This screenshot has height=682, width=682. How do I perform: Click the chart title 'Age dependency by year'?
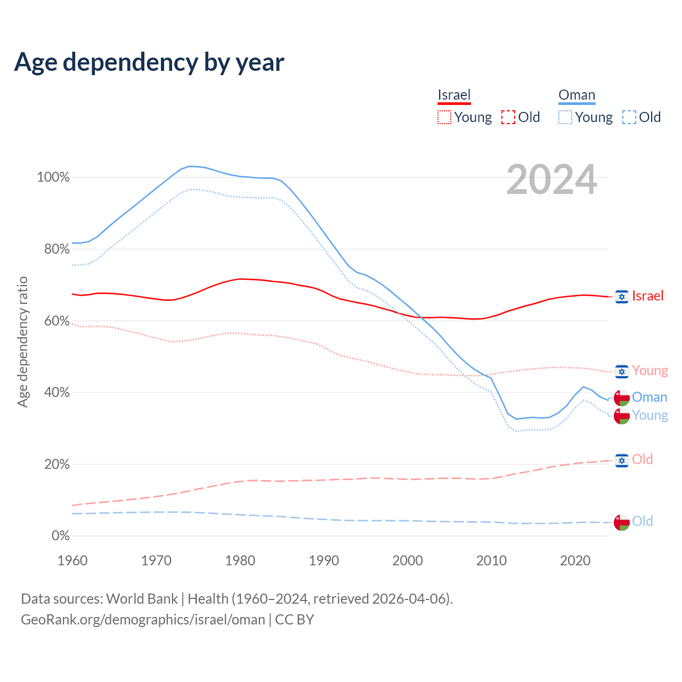pyautogui.click(x=149, y=62)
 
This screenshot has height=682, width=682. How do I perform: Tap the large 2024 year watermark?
pyautogui.click(x=551, y=180)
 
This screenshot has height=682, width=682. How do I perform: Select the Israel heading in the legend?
pyautogui.click(x=454, y=95)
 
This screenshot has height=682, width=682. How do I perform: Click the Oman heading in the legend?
pyautogui.click(x=577, y=95)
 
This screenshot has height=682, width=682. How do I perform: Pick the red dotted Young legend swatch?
pyautogui.click(x=444, y=117)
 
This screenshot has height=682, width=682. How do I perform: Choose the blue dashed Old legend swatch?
pyautogui.click(x=629, y=117)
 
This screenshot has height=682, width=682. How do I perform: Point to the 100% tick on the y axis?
pyautogui.click(x=53, y=177)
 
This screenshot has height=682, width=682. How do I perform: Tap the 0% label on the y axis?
pyautogui.click(x=61, y=535)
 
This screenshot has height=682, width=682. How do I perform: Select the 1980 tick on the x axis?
pyautogui.click(x=240, y=561)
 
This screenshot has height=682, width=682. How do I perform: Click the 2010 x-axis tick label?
pyautogui.click(x=491, y=561)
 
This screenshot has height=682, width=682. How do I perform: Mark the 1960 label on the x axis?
pyautogui.click(x=72, y=561)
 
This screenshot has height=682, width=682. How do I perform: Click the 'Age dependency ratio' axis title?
pyautogui.click(x=22, y=342)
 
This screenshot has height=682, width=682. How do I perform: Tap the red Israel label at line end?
pyautogui.click(x=647, y=296)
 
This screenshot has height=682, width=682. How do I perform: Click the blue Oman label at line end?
pyautogui.click(x=649, y=397)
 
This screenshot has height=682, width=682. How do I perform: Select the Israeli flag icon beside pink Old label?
pyautogui.click(x=621, y=460)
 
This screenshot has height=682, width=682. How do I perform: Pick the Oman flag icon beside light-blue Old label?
pyautogui.click(x=621, y=522)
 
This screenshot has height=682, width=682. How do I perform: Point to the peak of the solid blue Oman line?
pyautogui.click(x=190, y=166)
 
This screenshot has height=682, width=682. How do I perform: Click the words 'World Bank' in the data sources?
pyautogui.click(x=142, y=599)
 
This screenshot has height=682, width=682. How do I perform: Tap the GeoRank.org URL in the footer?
pyautogui.click(x=143, y=620)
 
